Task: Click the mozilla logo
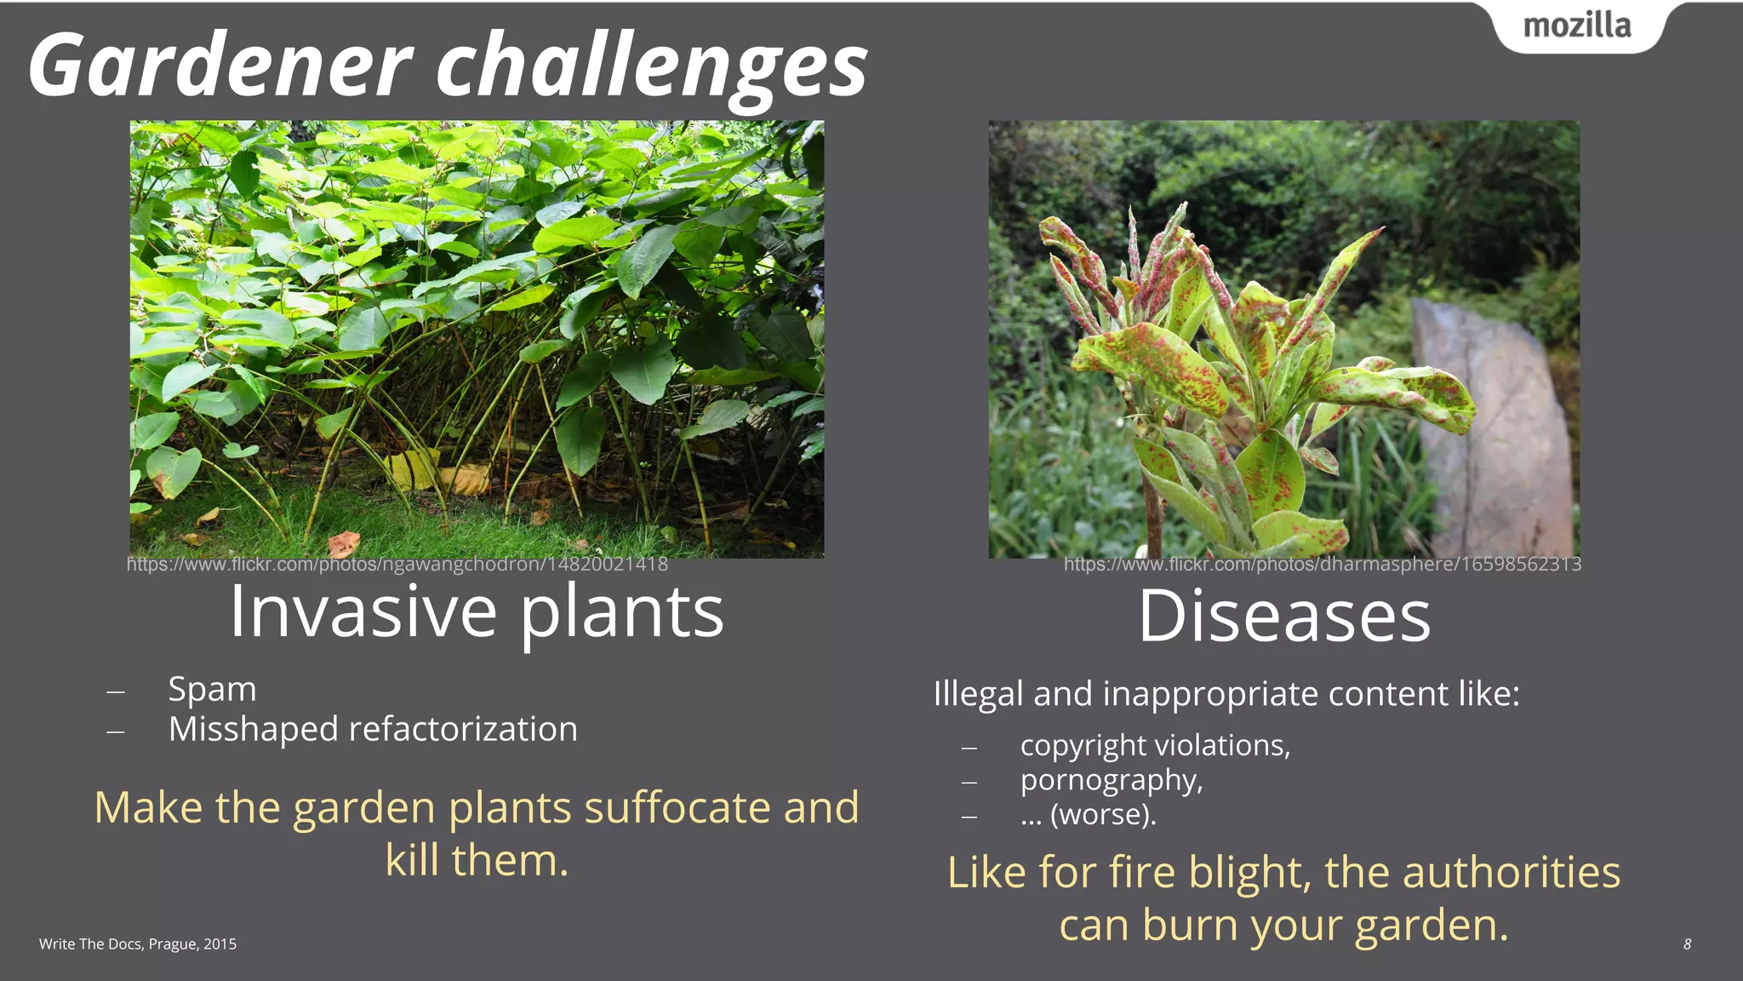[x=1576, y=26]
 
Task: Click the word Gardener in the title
[x=220, y=66]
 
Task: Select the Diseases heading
[x=1283, y=616]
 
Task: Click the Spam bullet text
[x=212, y=689]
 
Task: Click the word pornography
[x=1111, y=780]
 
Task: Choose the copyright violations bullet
[x=1155, y=745]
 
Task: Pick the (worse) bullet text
[x=1089, y=815]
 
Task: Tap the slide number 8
[x=1687, y=944]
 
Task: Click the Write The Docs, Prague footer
[x=138, y=944]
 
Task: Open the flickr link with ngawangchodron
[x=397, y=565]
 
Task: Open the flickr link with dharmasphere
[x=1322, y=565]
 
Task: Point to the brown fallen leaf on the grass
[x=343, y=543]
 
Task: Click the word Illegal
[x=977, y=694]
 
